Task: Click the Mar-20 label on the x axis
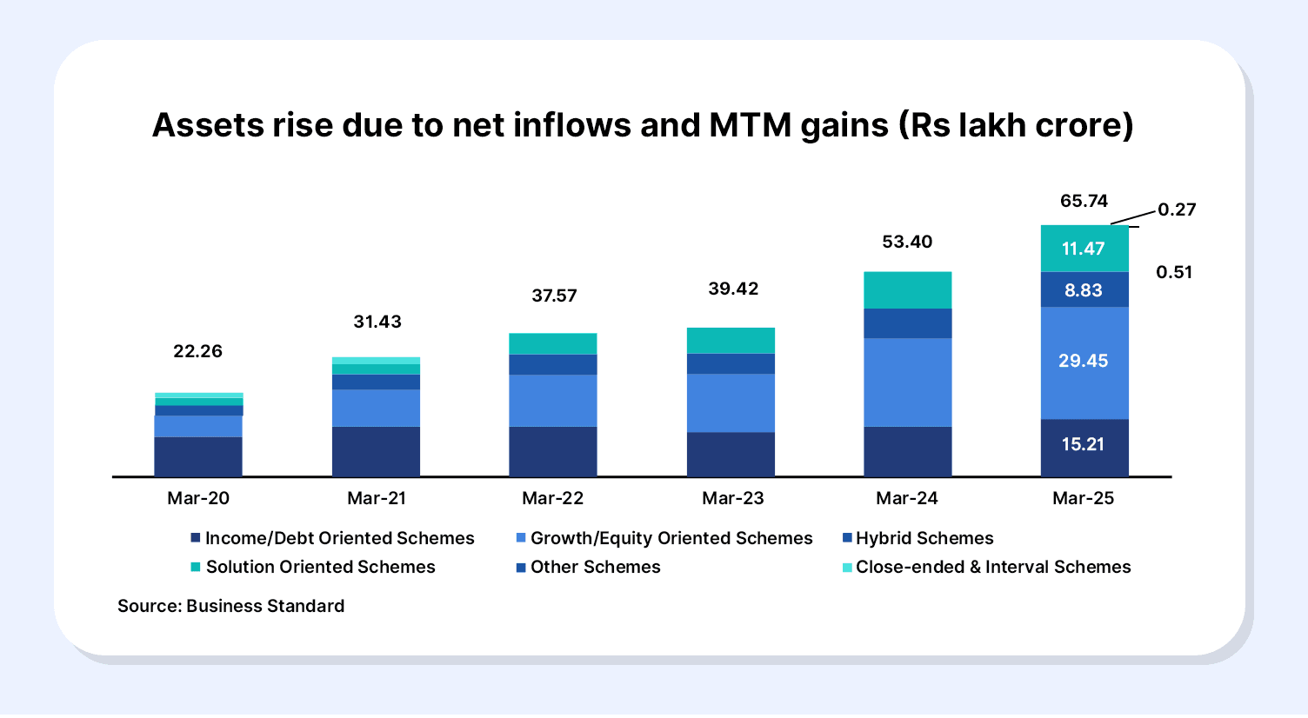tap(198, 498)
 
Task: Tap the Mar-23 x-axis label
tap(732, 498)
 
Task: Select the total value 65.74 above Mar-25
tap(1084, 201)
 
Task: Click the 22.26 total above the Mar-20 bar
tap(197, 351)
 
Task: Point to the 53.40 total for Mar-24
tap(907, 242)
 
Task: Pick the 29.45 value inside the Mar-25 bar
tap(1084, 361)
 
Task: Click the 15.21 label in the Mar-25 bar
tap(1084, 444)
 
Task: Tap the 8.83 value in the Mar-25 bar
tap(1084, 290)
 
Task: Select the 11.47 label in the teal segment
tap(1084, 249)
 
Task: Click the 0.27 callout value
tap(1177, 209)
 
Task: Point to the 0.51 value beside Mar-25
tap(1174, 272)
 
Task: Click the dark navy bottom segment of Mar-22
tap(553, 451)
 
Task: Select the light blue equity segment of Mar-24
tap(907, 382)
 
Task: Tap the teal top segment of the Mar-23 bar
tap(731, 341)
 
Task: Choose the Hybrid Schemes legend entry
tap(924, 538)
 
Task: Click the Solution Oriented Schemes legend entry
tap(320, 567)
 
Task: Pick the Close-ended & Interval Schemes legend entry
tap(992, 567)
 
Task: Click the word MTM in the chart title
tap(751, 125)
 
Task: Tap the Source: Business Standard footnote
tap(230, 606)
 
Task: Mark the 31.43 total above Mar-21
tap(377, 322)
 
